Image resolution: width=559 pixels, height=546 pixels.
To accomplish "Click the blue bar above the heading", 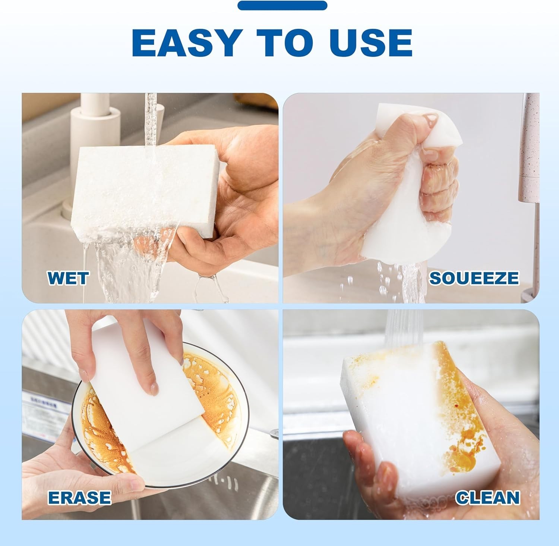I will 282,5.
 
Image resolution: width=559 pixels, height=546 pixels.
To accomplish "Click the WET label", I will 68,278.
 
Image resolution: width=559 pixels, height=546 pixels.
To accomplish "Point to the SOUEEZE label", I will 474,278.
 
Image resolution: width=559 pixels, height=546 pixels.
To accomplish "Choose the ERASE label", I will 79,498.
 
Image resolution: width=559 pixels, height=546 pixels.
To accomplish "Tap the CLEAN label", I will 487,498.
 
